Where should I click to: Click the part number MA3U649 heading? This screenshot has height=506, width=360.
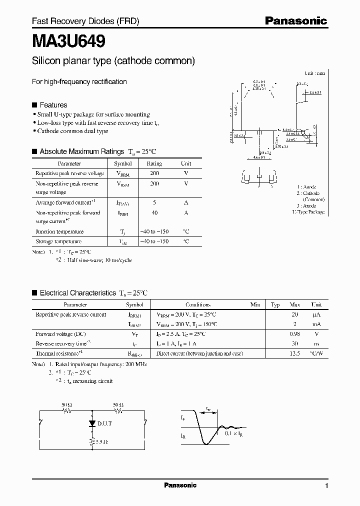(68, 40)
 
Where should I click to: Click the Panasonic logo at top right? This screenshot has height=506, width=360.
(295, 21)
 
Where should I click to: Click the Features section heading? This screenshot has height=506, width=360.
(53, 105)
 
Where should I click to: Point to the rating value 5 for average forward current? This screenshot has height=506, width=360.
(154, 202)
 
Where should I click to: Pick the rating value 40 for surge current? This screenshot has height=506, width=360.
(154, 212)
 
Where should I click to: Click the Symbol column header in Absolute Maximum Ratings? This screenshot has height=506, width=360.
(122, 163)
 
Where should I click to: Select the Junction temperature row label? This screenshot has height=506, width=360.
(59, 231)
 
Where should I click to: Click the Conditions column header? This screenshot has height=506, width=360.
(198, 304)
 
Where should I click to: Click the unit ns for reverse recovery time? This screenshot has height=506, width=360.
(316, 343)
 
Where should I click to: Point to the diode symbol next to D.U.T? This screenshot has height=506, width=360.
(91, 423)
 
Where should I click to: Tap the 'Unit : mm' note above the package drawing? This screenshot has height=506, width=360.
(314, 73)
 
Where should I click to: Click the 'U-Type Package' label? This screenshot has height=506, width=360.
(308, 212)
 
